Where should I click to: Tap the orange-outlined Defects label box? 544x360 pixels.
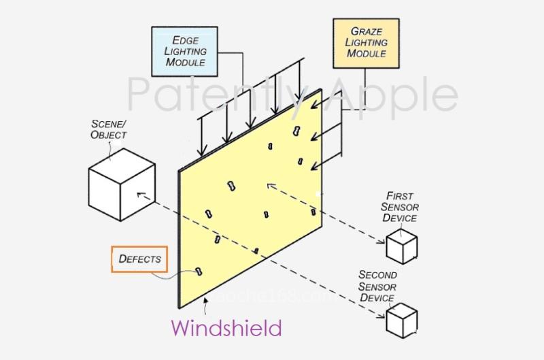click(x=139, y=259)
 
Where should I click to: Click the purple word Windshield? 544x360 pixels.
click(x=226, y=328)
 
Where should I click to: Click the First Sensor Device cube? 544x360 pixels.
click(x=401, y=246)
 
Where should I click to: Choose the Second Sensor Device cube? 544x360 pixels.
click(x=401, y=320)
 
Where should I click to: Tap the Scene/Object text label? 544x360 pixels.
click(x=109, y=130)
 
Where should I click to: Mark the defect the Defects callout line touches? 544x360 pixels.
click(x=199, y=272)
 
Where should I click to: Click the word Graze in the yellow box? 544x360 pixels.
click(x=364, y=31)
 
